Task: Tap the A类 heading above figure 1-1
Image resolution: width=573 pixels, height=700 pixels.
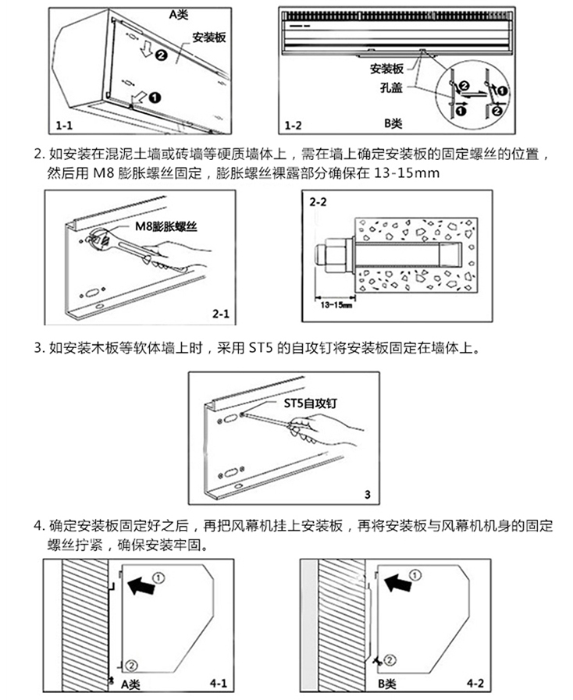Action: point(180,12)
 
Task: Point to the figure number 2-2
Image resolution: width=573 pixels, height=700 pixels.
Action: point(319,201)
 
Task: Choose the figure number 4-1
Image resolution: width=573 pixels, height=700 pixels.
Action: point(219,684)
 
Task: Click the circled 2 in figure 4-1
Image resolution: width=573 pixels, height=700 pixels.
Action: point(131,664)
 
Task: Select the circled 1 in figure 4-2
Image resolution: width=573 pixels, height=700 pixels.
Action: point(415,575)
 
